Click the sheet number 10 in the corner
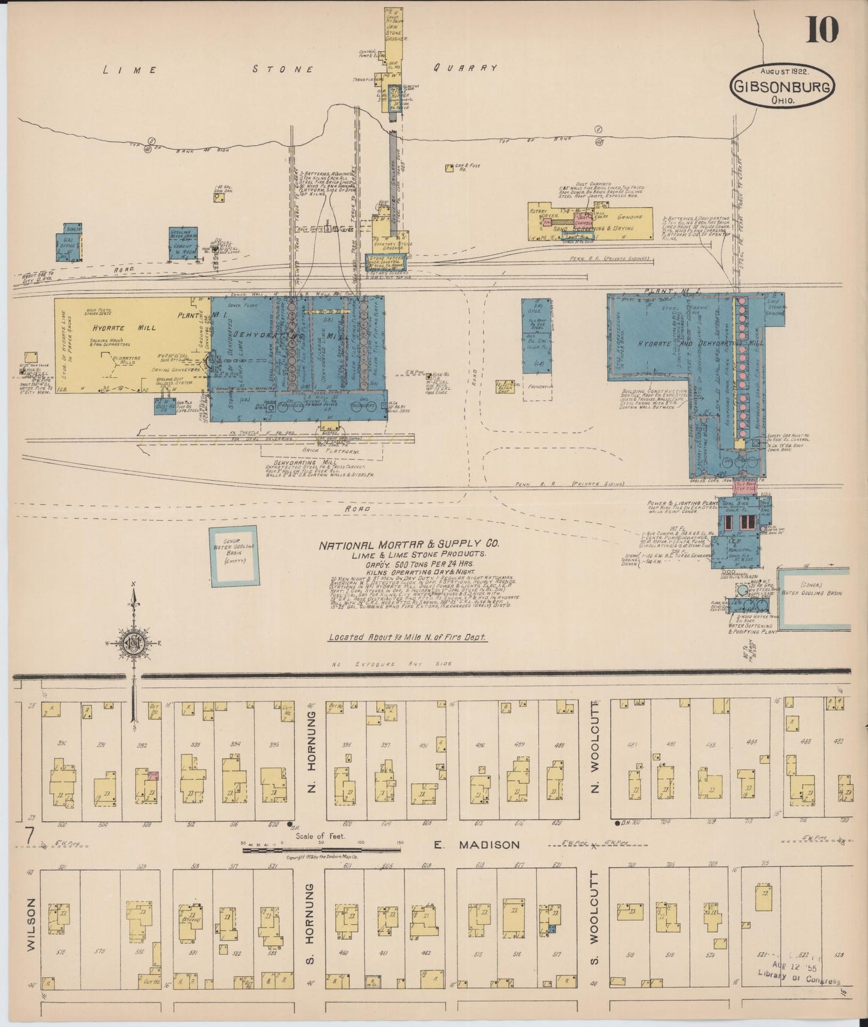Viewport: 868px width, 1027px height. coord(821,30)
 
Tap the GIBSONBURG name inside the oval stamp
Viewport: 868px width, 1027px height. coord(782,88)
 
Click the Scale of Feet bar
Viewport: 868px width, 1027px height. coord(321,849)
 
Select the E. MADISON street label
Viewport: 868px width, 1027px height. coord(476,844)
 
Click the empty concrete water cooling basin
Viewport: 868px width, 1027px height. coord(233,555)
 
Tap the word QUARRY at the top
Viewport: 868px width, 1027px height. coord(466,68)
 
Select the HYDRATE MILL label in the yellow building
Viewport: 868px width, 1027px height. coord(124,327)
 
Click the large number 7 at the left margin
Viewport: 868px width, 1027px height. coord(28,835)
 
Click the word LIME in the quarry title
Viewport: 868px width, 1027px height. coord(130,70)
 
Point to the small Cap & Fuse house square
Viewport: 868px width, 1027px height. coord(449,169)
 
